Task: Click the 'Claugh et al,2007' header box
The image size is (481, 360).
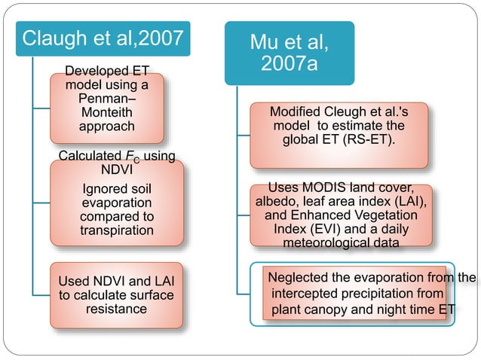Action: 103,38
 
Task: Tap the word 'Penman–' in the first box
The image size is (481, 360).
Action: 106,99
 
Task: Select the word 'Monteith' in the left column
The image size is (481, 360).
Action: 106,112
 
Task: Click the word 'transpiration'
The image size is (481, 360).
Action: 116,230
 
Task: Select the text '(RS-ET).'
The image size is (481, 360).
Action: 371,139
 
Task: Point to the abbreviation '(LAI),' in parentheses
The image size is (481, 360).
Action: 409,201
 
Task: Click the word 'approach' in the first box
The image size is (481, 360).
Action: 106,126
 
